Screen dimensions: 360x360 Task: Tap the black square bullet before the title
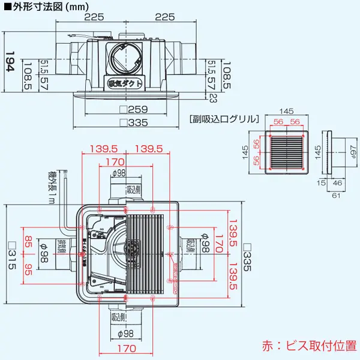[7, 7]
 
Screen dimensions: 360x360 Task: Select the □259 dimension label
[133, 110]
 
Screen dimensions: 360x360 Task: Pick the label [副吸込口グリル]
[223, 119]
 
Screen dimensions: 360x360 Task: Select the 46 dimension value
[338, 183]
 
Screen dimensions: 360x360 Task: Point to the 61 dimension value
[337, 196]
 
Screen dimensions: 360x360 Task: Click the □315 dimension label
[11, 253]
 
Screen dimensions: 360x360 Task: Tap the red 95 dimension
[28, 271]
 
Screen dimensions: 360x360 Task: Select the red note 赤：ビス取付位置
[308, 346]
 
